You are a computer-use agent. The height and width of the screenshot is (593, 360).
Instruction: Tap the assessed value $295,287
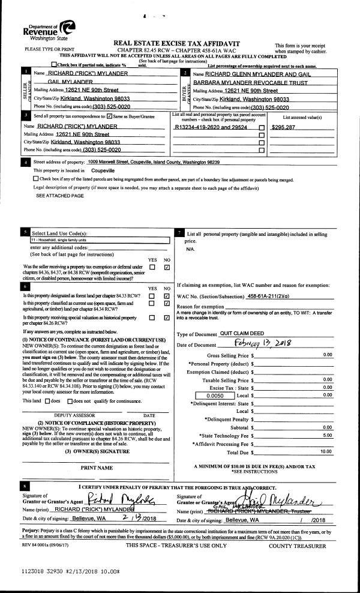(x=283, y=127)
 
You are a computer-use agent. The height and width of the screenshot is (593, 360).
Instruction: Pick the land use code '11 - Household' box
(x=99, y=239)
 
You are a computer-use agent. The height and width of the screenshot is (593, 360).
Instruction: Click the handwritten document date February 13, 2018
(x=259, y=344)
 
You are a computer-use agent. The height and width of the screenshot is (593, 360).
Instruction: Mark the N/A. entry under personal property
(x=191, y=248)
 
